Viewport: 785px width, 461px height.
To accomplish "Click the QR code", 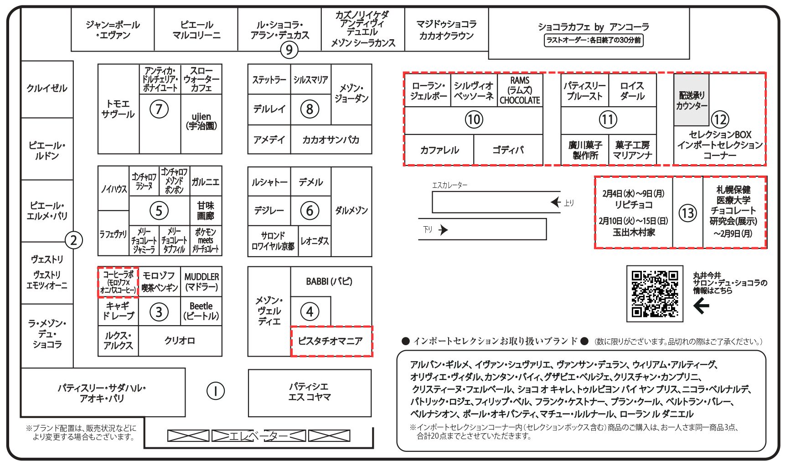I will tap(655, 294).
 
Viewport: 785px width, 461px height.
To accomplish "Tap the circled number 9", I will tap(289, 50).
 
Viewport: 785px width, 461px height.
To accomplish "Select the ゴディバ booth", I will tap(508, 150).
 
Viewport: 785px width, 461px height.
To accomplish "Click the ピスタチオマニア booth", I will tap(331, 341).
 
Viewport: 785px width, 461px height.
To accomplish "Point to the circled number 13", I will tap(687, 213).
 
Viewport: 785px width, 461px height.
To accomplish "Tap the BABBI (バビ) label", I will tap(329, 281).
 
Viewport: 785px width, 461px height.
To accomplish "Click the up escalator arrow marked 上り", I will tap(555, 202).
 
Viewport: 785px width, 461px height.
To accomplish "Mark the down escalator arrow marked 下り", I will tap(443, 230).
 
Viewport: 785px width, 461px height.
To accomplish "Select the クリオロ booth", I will tap(180, 341).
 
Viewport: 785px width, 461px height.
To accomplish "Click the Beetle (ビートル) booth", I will tap(201, 311).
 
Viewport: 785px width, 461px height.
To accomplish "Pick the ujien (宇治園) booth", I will tap(201, 121).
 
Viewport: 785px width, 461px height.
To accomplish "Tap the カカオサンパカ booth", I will tap(331, 140).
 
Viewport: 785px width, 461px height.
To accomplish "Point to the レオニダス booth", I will tap(315, 241).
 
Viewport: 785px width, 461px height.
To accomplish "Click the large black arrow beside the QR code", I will tap(701, 306).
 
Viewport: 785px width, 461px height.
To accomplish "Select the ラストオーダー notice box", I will tap(593, 40).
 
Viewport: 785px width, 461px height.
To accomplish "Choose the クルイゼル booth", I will tap(47, 88).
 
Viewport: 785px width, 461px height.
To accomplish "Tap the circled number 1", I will tap(215, 391).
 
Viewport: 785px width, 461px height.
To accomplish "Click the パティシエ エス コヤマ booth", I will tap(310, 392).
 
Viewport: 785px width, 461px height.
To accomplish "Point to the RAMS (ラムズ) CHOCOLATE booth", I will tap(520, 90).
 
